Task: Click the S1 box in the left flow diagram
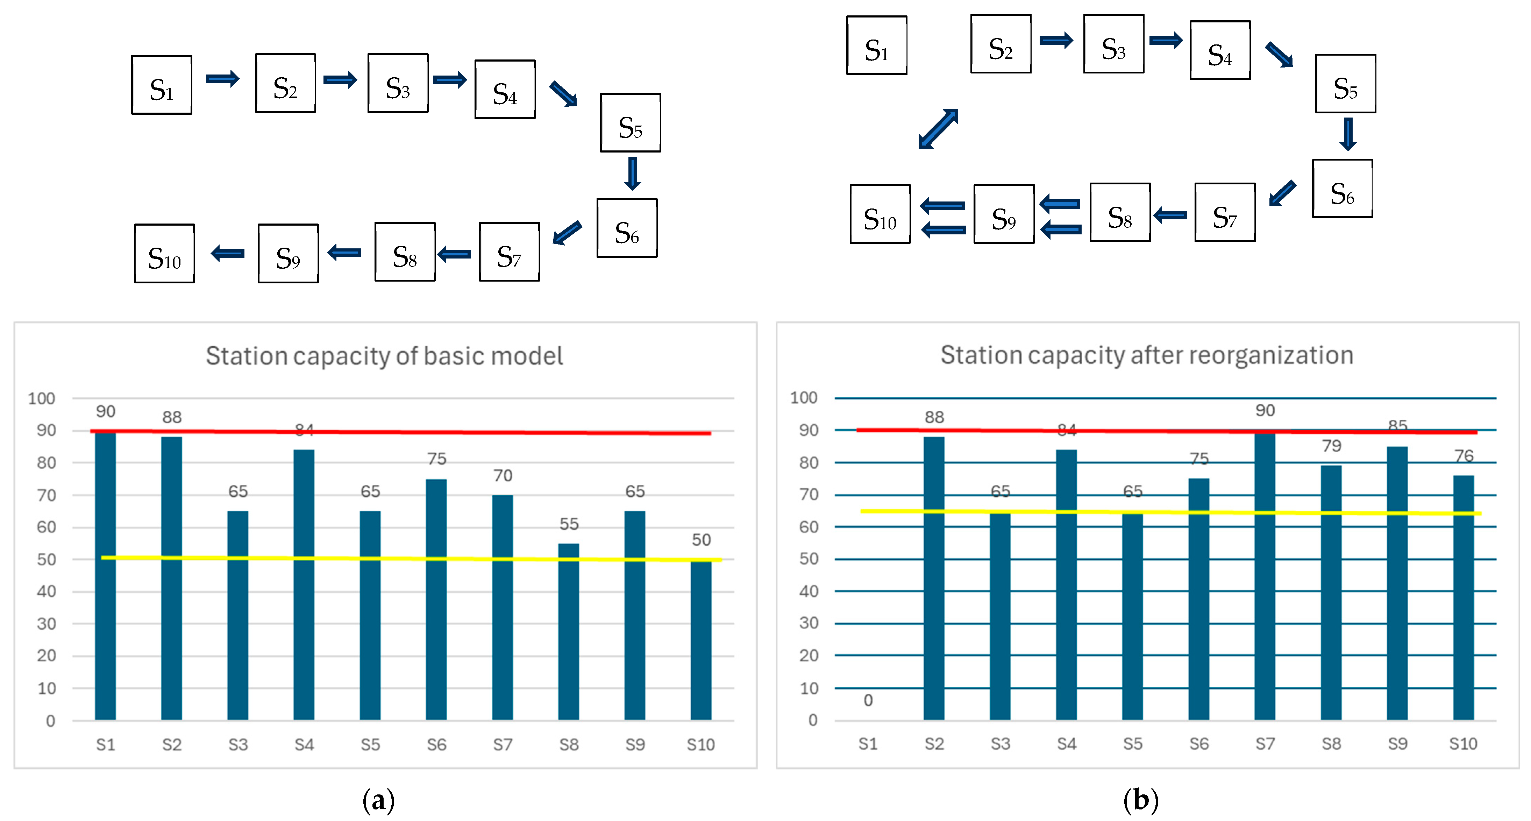click(162, 85)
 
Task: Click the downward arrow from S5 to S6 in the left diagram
click(632, 173)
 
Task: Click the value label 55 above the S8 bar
click(569, 524)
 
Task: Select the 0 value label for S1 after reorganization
click(868, 700)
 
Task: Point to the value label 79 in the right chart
click(1331, 446)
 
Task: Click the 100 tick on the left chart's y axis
click(42, 398)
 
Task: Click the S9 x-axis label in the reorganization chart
click(1397, 744)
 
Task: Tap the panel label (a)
click(379, 800)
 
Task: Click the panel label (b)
click(1140, 800)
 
